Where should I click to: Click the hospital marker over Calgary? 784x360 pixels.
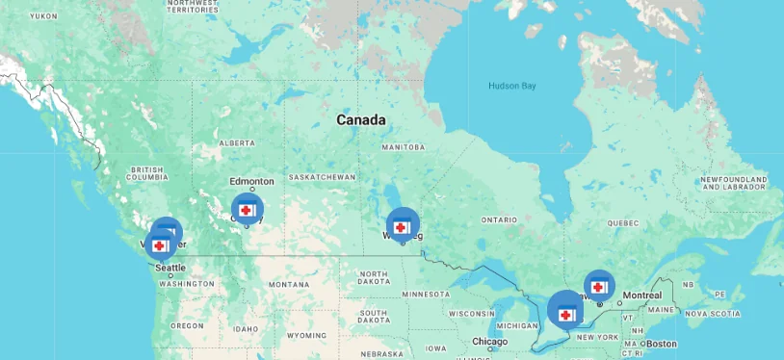click(247, 209)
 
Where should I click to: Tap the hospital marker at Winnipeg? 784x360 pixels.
click(402, 226)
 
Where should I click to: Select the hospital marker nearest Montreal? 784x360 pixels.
click(599, 286)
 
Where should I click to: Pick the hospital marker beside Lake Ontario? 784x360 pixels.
click(564, 312)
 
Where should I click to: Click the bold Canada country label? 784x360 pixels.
click(361, 120)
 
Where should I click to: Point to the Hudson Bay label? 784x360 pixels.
click(511, 86)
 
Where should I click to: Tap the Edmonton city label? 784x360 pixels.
click(251, 181)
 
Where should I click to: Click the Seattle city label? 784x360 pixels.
click(170, 268)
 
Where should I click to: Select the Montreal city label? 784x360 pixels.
click(640, 295)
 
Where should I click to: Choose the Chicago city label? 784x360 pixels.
click(489, 343)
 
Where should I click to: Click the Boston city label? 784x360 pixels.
click(661, 344)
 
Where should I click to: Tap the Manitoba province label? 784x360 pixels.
click(403, 147)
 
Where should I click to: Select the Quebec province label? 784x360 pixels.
click(623, 222)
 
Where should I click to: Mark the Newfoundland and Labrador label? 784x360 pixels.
click(733, 184)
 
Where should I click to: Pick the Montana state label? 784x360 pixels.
click(289, 285)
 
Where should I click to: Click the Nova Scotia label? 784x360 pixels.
click(712, 314)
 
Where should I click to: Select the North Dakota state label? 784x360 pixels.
click(374, 278)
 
